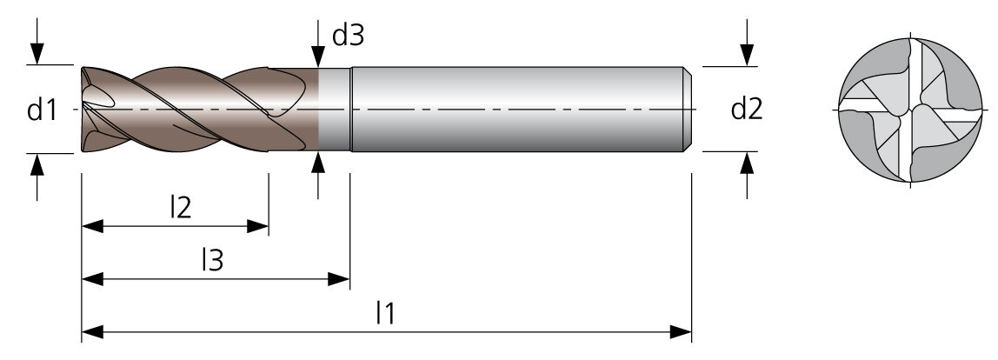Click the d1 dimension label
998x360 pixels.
pos(42,110)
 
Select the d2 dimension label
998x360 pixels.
pos(747,110)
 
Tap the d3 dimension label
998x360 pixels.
pos(348,37)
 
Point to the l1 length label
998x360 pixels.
pos(386,313)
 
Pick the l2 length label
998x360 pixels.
pos(181,207)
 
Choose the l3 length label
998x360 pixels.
pos(213,260)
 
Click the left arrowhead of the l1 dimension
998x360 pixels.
pos(92,332)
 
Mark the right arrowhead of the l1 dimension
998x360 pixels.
pos(681,332)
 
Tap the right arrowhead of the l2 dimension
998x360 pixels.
pos(258,226)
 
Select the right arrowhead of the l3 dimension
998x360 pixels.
pos(339,279)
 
